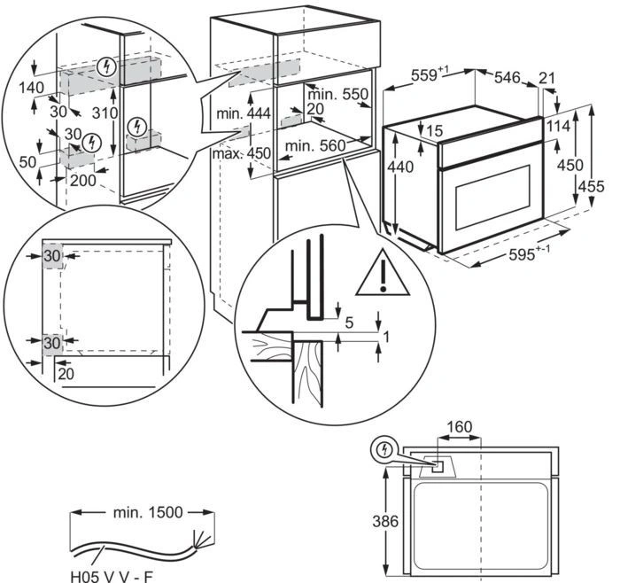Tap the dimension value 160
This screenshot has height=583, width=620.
[x=459, y=427]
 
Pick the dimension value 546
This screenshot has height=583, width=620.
[x=507, y=78]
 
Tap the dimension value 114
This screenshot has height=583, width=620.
[x=559, y=126]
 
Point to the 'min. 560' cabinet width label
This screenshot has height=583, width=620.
[x=312, y=147]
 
